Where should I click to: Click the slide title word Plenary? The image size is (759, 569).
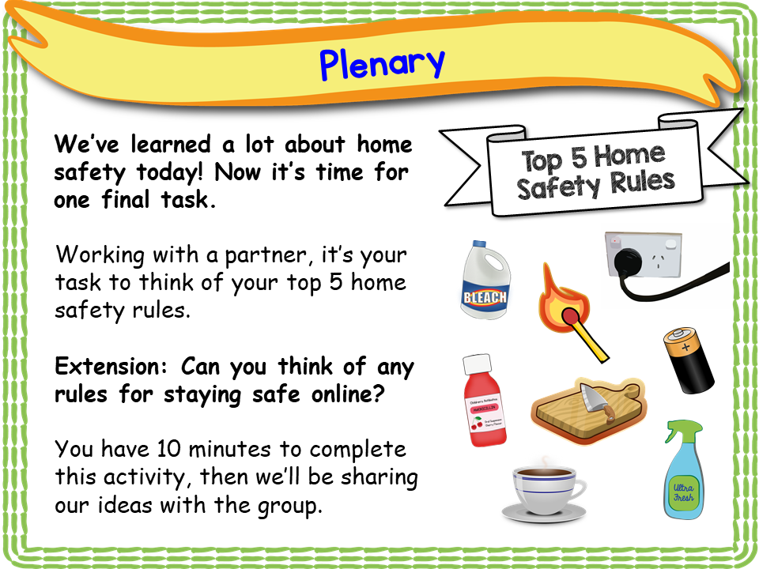click(382, 64)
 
